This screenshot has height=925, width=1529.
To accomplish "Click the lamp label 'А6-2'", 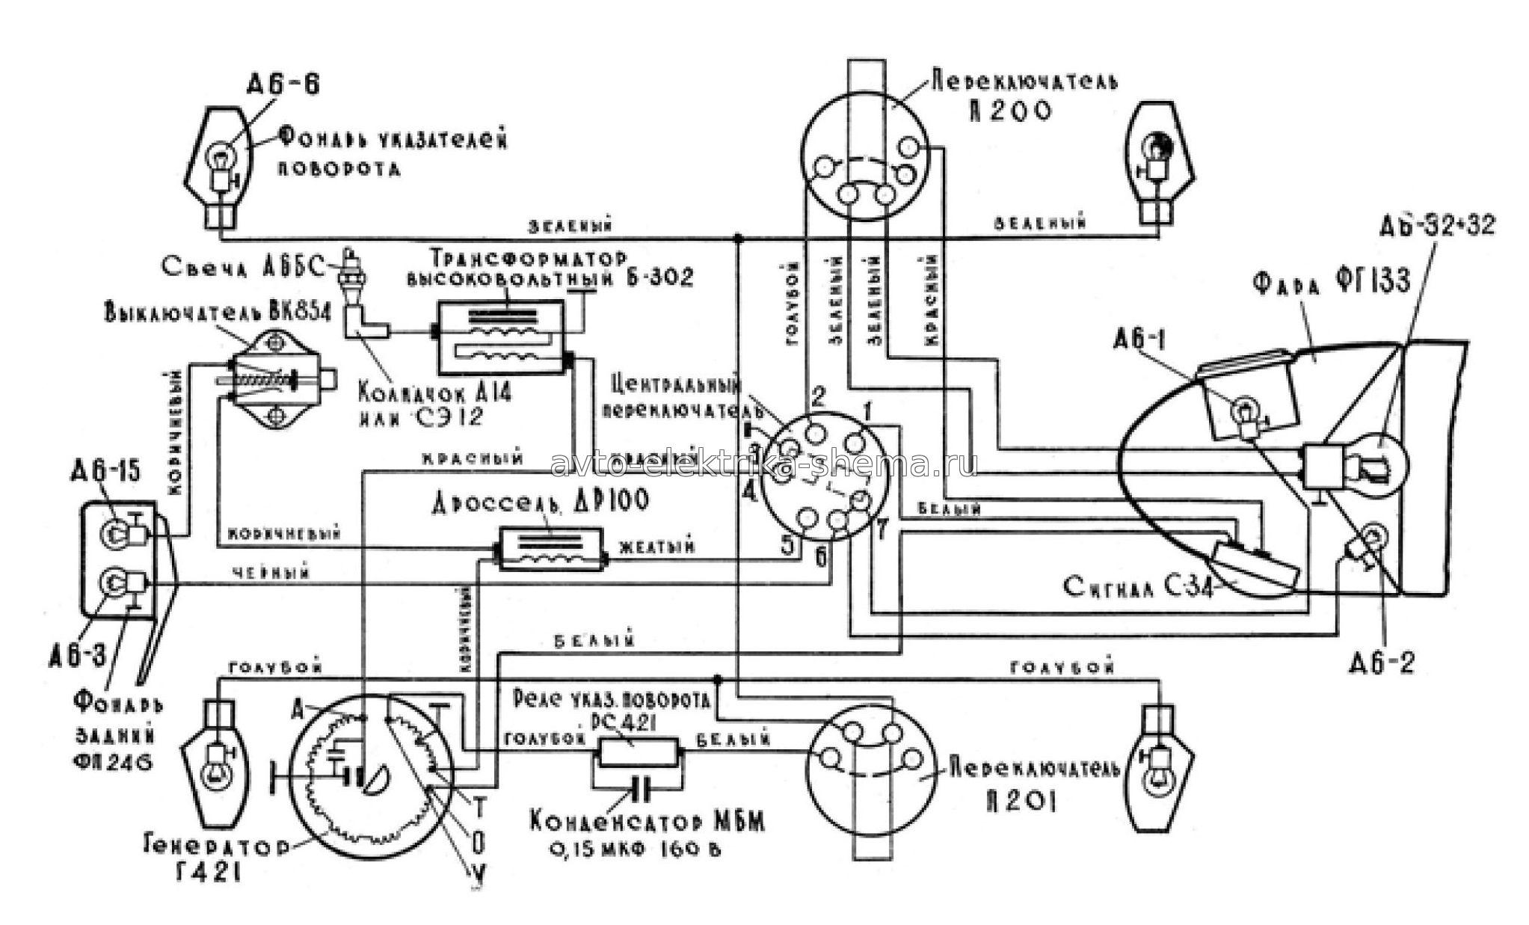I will tap(1382, 663).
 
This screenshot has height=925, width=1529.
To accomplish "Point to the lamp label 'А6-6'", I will tap(283, 84).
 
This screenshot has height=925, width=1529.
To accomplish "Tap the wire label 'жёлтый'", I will tap(658, 549).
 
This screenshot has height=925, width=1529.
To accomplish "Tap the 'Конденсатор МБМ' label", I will tap(647, 825).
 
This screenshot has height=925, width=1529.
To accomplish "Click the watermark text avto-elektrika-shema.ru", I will tap(763, 464).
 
